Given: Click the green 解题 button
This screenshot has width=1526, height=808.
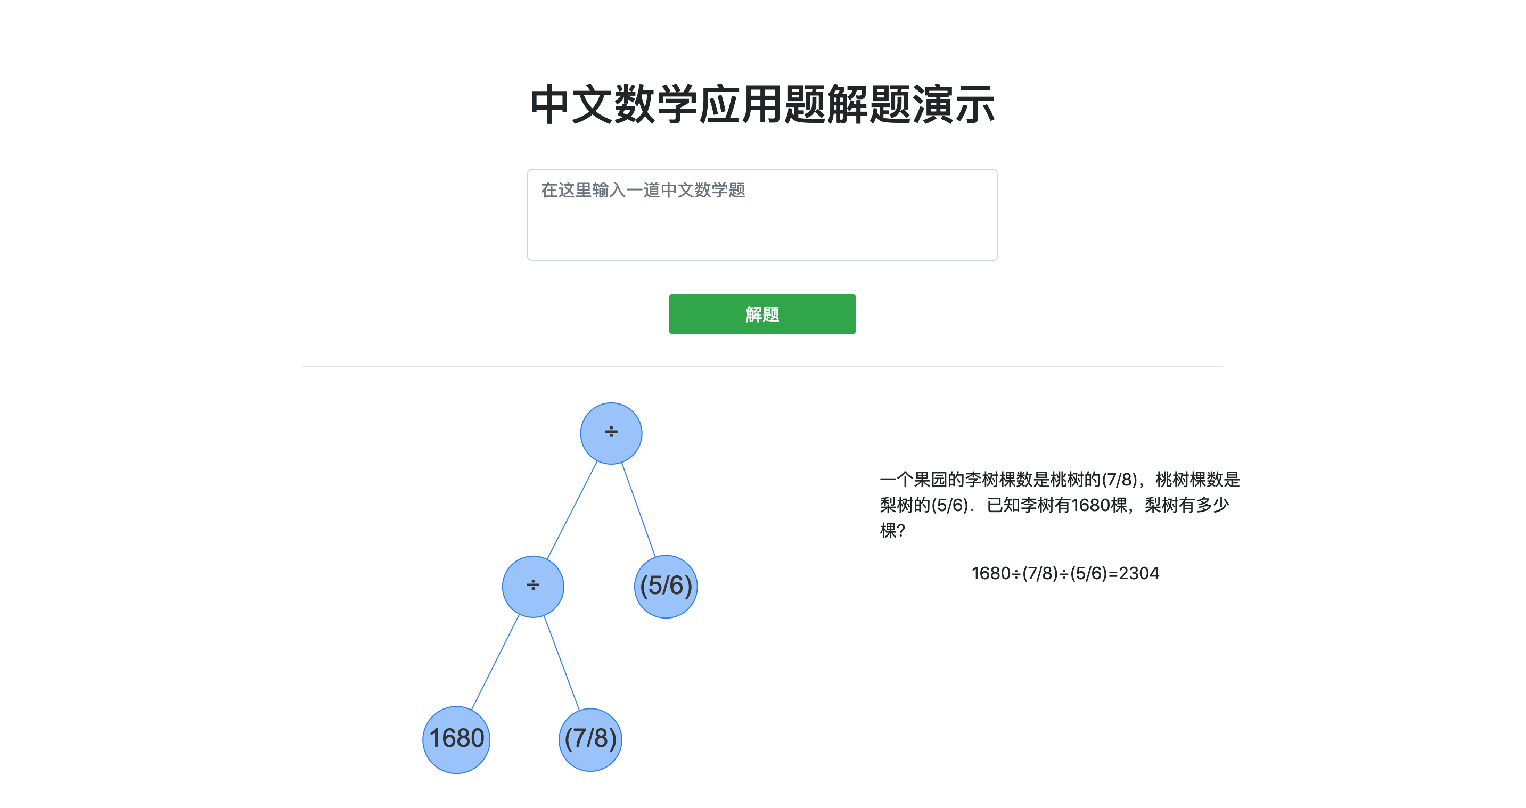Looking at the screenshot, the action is [762, 314].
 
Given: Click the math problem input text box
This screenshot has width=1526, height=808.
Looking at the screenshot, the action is [762, 225].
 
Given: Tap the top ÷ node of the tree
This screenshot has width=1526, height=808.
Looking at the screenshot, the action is [611, 433].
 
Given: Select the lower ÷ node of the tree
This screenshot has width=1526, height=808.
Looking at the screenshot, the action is [532, 586].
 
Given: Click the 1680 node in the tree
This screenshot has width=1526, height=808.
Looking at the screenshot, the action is [456, 739].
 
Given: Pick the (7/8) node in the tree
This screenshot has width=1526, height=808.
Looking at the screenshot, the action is [590, 739].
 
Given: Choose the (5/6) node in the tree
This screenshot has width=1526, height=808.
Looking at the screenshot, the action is [666, 586].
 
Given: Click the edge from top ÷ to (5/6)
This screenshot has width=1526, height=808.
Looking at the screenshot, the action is [638, 509].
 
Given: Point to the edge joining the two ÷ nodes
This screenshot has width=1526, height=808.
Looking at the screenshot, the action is [572, 510].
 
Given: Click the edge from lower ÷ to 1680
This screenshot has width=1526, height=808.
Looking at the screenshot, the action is [495, 662].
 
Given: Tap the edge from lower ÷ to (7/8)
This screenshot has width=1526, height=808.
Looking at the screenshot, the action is [562, 662].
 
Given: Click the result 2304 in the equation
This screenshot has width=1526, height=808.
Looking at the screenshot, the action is [1138, 573].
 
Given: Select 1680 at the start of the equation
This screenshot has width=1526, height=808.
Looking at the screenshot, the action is [990, 573].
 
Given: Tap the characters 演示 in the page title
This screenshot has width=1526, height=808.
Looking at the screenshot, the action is [953, 105].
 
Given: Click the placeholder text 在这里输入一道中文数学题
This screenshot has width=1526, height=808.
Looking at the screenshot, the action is [643, 190].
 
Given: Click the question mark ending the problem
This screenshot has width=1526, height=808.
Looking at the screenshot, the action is [901, 531].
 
